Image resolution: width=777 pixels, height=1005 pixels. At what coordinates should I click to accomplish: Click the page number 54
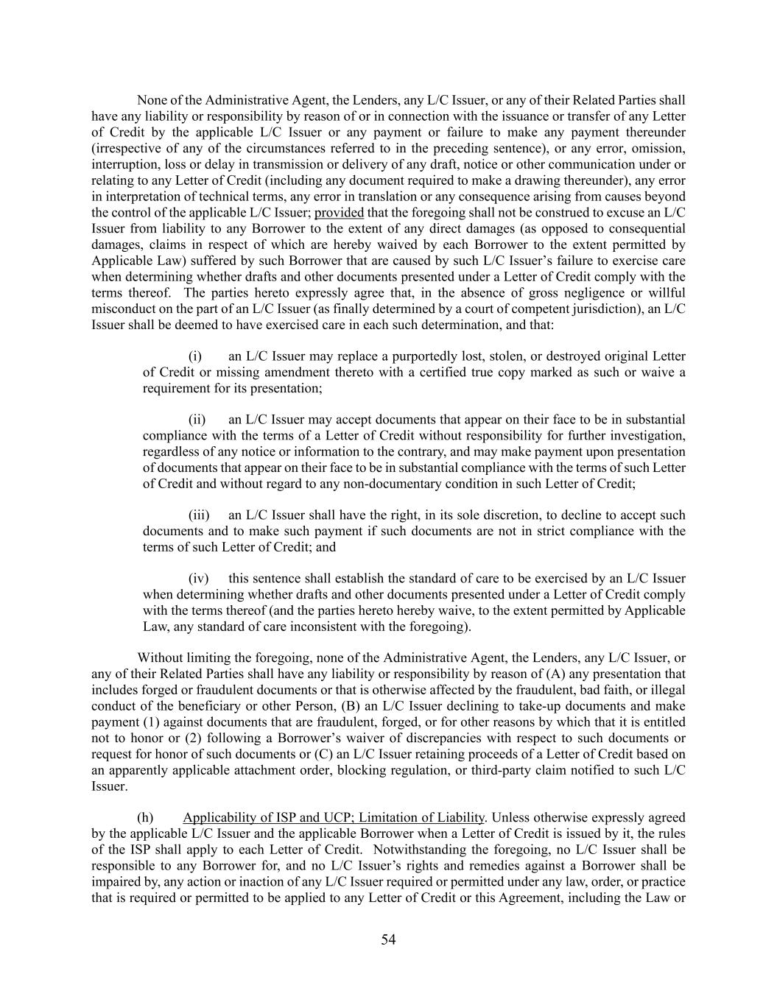(388, 939)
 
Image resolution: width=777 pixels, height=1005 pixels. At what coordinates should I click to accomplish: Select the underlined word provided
(339, 213)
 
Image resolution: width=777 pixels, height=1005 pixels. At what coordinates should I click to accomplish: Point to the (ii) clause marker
(197, 420)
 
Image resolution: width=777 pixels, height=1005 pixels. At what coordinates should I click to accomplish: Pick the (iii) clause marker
(199, 515)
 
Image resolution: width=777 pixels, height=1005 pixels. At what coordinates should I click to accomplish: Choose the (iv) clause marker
(199, 579)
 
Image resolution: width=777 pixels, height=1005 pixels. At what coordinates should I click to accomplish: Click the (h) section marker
(145, 817)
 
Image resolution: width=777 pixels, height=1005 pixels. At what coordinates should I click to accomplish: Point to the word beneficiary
(225, 706)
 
